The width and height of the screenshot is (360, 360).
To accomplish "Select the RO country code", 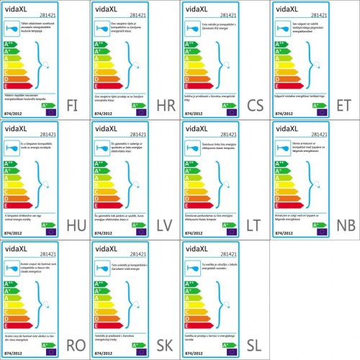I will pos(73,343).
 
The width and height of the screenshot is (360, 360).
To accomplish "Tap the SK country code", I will pos(163,343).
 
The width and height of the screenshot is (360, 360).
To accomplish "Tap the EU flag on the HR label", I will pos(140,112).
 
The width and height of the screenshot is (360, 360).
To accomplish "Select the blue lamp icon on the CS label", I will pos(192,29).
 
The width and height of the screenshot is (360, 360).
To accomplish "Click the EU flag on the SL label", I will pos(230,352).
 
